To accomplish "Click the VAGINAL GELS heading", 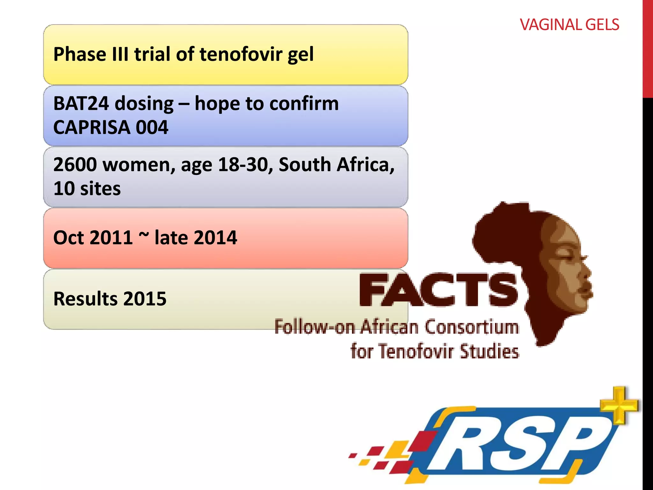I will (569, 25).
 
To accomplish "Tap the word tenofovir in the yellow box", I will (241, 54).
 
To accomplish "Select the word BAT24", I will (81, 104).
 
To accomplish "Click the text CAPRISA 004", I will (111, 128).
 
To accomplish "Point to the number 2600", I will (75, 165).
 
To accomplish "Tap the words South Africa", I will (336, 165).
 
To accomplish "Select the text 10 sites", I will (87, 189).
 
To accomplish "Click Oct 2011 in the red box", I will (93, 238).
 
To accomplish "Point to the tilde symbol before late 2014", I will (144, 235).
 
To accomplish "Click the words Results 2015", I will (110, 299).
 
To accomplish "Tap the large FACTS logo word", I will (438, 290).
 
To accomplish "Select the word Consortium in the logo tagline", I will (472, 328).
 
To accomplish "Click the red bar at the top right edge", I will (648, 48).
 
